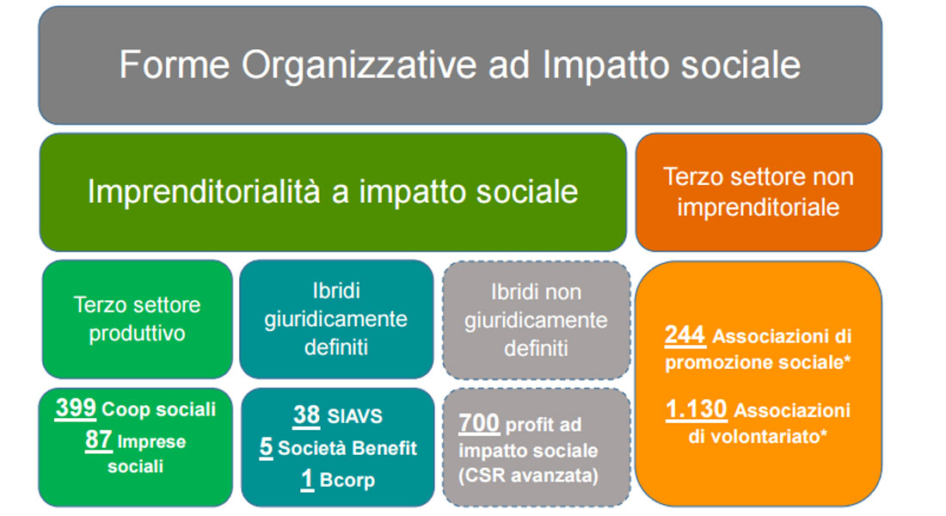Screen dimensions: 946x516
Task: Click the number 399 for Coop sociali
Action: click(76, 408)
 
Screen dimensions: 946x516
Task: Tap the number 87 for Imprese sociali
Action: click(98, 440)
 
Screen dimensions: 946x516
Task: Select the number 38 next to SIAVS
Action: click(306, 415)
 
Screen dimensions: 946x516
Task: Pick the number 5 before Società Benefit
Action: click(266, 447)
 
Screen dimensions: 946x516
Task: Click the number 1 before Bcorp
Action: click(307, 479)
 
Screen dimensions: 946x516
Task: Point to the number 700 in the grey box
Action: click(479, 423)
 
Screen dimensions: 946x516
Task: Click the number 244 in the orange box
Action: click(685, 335)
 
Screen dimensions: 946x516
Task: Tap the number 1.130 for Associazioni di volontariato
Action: click(697, 409)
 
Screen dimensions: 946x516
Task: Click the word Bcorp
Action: click(347, 481)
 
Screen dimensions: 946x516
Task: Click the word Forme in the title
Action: click(175, 64)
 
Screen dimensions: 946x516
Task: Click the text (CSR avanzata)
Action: click(529, 476)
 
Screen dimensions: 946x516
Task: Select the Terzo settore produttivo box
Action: click(138, 319)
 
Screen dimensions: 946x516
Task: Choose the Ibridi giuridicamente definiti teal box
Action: click(336, 319)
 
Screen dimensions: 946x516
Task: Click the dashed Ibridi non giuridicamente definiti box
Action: click(537, 320)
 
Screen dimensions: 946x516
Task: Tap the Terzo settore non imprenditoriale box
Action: click(759, 192)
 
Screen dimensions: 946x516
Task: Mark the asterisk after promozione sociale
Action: click(847, 359)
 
